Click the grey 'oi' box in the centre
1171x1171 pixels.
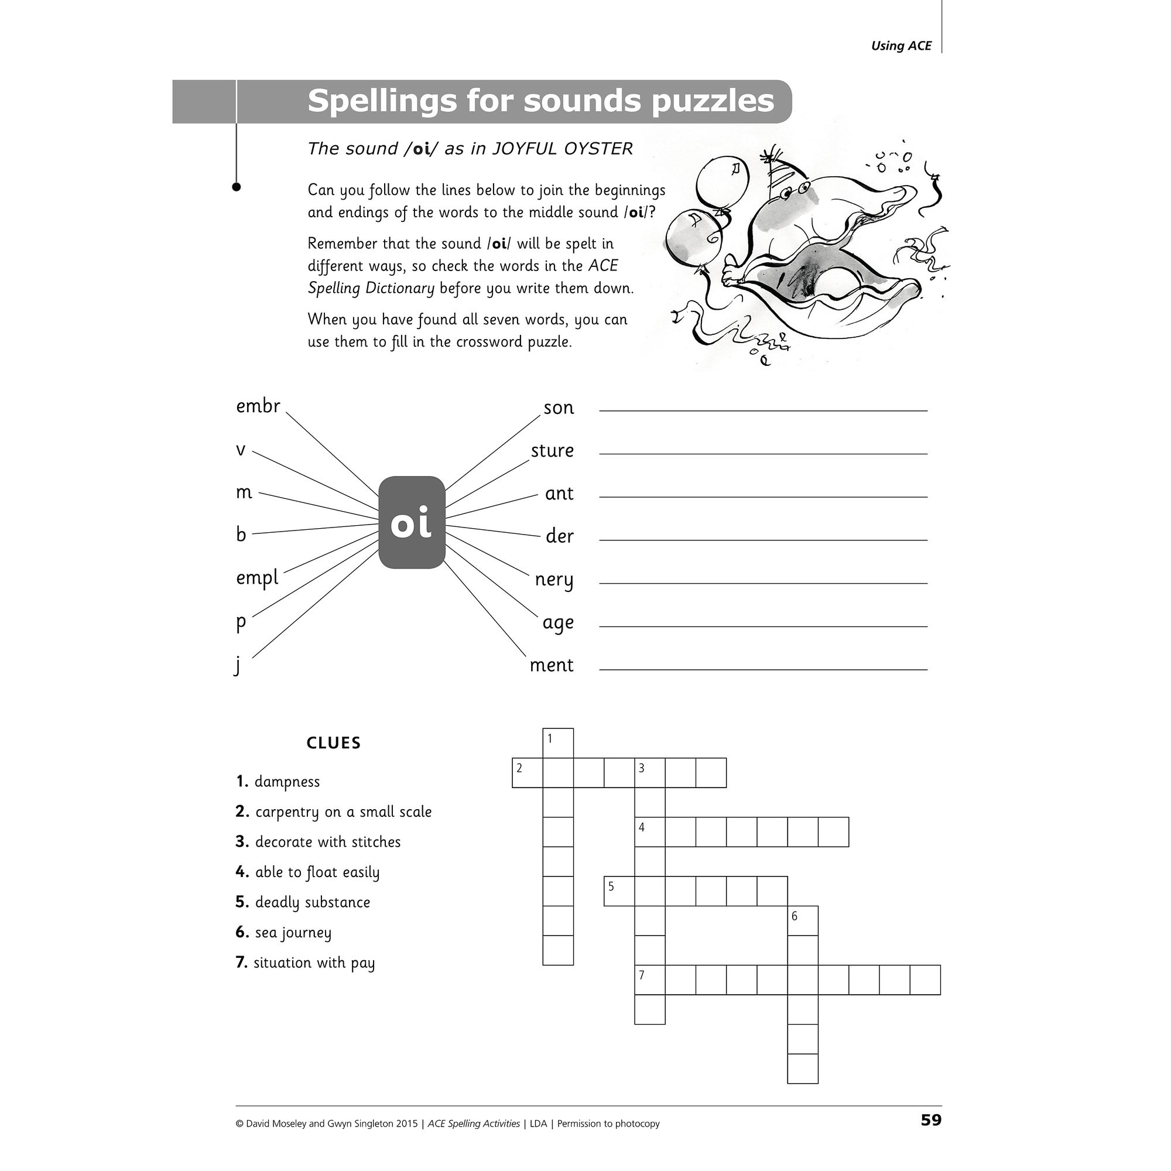click(412, 522)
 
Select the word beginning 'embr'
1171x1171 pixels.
click(258, 406)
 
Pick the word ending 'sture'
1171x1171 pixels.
click(552, 450)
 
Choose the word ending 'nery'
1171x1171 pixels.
click(553, 580)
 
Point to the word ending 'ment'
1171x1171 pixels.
click(551, 665)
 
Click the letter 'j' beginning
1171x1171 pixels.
click(238, 665)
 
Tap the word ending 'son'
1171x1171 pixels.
click(558, 408)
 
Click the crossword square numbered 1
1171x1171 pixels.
click(557, 743)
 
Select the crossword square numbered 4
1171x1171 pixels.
click(650, 831)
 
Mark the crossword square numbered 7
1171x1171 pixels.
click(650, 980)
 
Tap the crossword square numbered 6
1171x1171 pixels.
click(803, 920)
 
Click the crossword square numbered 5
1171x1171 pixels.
click(619, 891)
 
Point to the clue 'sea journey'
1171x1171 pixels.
click(293, 932)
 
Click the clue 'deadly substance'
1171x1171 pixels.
click(312, 902)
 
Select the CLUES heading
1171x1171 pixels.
click(333, 743)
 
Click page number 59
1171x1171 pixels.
click(931, 1120)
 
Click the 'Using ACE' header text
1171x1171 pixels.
click(900, 46)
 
